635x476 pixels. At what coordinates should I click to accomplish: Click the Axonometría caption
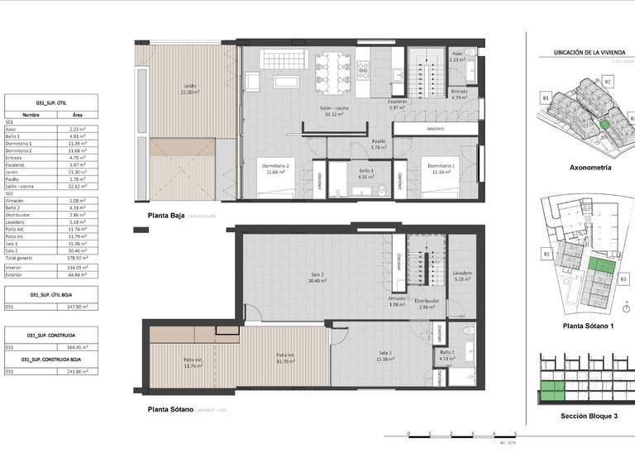[x=590, y=167]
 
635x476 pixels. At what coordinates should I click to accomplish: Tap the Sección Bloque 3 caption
[x=590, y=416]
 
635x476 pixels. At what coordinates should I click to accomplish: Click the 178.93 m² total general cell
[x=79, y=258]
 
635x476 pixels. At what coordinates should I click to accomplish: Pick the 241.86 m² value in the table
[x=79, y=372]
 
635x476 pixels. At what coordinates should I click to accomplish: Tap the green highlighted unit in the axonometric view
[x=605, y=124]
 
